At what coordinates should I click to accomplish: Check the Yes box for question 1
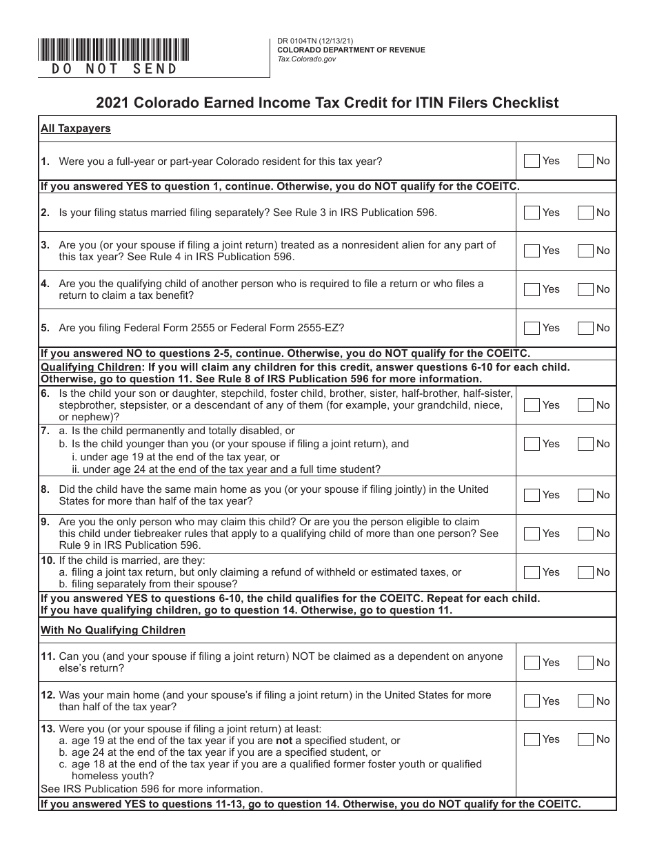click(x=532, y=161)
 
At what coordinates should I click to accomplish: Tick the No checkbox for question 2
click(x=585, y=213)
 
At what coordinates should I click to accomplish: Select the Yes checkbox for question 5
click(x=532, y=328)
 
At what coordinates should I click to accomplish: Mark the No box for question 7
click(x=585, y=444)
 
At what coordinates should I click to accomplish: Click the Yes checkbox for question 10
click(x=532, y=572)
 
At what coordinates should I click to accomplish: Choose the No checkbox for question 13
click(x=585, y=739)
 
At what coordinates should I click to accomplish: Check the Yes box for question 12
click(x=532, y=701)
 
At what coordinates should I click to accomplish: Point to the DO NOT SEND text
click(x=115, y=69)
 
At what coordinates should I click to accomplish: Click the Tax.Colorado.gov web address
click(x=307, y=59)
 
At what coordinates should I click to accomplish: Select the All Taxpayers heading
click(x=75, y=128)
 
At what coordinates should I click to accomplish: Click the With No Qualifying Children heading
click(x=113, y=630)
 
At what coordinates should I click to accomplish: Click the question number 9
click(x=45, y=522)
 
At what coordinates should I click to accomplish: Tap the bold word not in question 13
click(x=284, y=741)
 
